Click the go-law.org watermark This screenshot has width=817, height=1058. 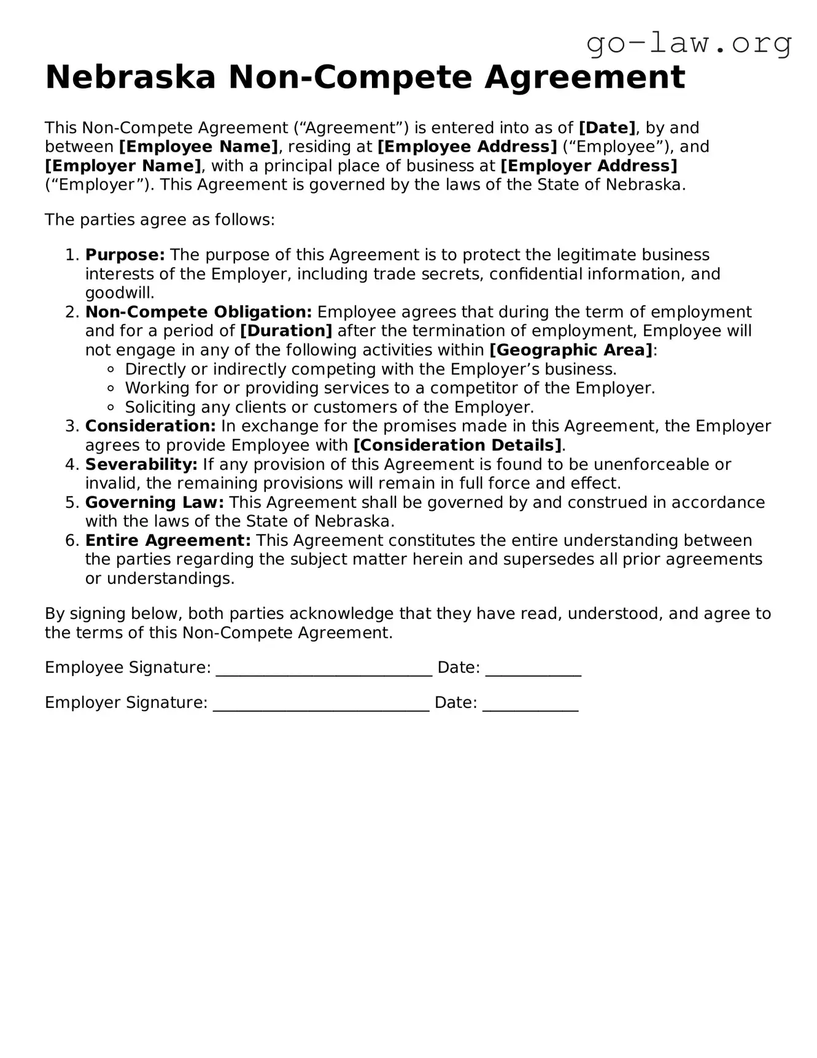(689, 44)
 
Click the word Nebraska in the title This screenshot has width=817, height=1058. (130, 77)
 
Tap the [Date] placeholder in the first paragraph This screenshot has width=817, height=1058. (607, 128)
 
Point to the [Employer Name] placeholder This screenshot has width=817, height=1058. (123, 166)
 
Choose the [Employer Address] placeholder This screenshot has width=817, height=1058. (589, 166)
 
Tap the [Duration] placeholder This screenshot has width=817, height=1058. (286, 331)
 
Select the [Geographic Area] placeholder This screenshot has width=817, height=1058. (571, 350)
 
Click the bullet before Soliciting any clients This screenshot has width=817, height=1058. (110, 407)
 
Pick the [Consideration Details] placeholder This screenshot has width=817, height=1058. (458, 445)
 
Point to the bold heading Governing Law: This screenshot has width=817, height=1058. (155, 502)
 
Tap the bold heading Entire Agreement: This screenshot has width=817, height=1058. (168, 540)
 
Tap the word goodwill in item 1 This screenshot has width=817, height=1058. (119, 293)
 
